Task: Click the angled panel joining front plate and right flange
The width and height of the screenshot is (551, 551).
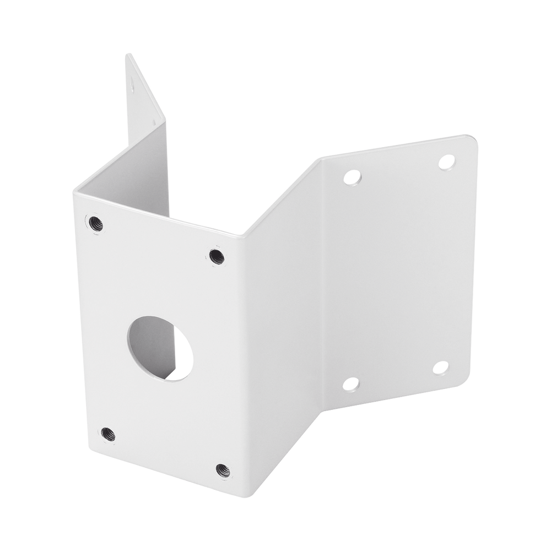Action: [281, 331]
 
